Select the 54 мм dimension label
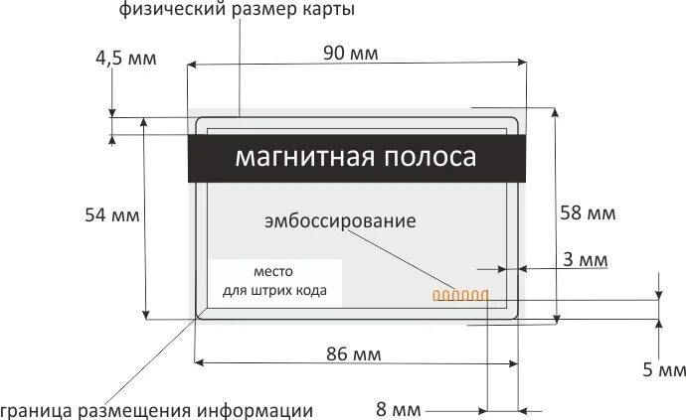110,214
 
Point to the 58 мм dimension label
588,212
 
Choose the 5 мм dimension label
664,370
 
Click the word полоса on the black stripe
429,158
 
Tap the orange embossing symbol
458,294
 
